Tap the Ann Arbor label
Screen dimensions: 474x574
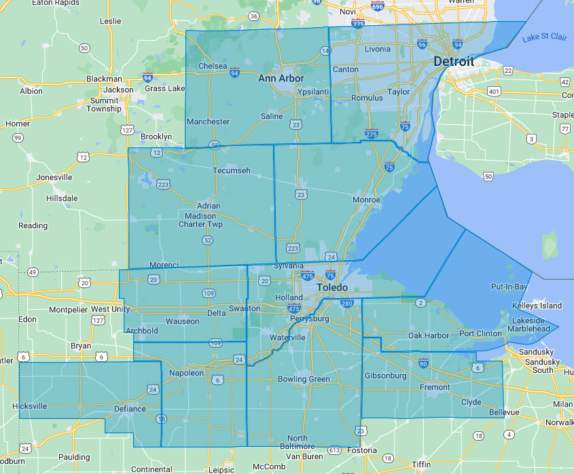(281, 79)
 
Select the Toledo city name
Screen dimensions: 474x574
(333, 288)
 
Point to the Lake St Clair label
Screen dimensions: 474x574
(544, 38)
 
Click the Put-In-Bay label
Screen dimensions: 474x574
(509, 287)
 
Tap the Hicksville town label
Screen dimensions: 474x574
(30, 406)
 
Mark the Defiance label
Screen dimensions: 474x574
(130, 409)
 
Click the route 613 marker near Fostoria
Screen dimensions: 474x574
(334, 450)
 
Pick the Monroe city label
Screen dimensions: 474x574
(366, 200)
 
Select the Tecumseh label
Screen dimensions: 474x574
(231, 170)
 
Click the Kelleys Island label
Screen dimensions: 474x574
(537, 306)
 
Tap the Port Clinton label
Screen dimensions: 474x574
(480, 333)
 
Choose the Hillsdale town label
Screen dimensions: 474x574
(62, 198)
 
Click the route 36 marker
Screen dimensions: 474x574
(253, 16)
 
